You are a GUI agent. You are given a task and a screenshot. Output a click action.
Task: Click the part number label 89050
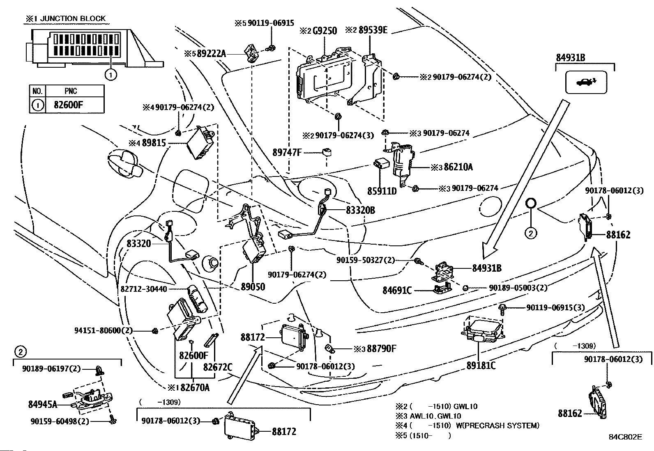pyautogui.click(x=253, y=287)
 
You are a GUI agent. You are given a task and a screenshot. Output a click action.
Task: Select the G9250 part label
pyautogui.click(x=325, y=31)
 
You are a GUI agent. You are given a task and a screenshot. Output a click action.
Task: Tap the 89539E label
pyautogui.click(x=373, y=30)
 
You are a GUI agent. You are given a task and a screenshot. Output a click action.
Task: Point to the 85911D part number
pyautogui.click(x=382, y=191)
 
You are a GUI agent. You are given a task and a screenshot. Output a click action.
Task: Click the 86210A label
pyautogui.click(x=458, y=167)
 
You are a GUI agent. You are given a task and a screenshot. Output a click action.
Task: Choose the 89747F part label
pyautogui.click(x=287, y=152)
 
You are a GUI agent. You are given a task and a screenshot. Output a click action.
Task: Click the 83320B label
pyautogui.click(x=360, y=210)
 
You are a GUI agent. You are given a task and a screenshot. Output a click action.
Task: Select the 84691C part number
pyautogui.click(x=397, y=290)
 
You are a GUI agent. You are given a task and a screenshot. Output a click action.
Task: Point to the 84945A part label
pyautogui.click(x=43, y=404)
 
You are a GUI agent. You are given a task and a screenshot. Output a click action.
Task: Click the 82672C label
pyautogui.click(x=218, y=367)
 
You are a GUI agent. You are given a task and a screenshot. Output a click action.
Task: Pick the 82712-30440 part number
pyautogui.click(x=144, y=289)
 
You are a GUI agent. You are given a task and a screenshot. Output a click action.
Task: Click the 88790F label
pyautogui.click(x=382, y=348)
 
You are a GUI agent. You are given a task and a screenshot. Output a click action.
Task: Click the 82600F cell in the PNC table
pyautogui.click(x=68, y=105)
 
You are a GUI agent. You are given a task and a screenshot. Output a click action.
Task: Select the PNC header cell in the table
pyautogui.click(x=71, y=91)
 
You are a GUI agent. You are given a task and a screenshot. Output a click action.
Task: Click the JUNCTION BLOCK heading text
pyautogui.click(x=73, y=18)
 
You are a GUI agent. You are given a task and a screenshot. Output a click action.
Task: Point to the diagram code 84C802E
pyautogui.click(x=625, y=437)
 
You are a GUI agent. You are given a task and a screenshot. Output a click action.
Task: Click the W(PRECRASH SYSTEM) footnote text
pyautogui.click(x=497, y=426)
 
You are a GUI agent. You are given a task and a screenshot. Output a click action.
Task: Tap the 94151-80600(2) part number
pyautogui.click(x=104, y=330)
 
